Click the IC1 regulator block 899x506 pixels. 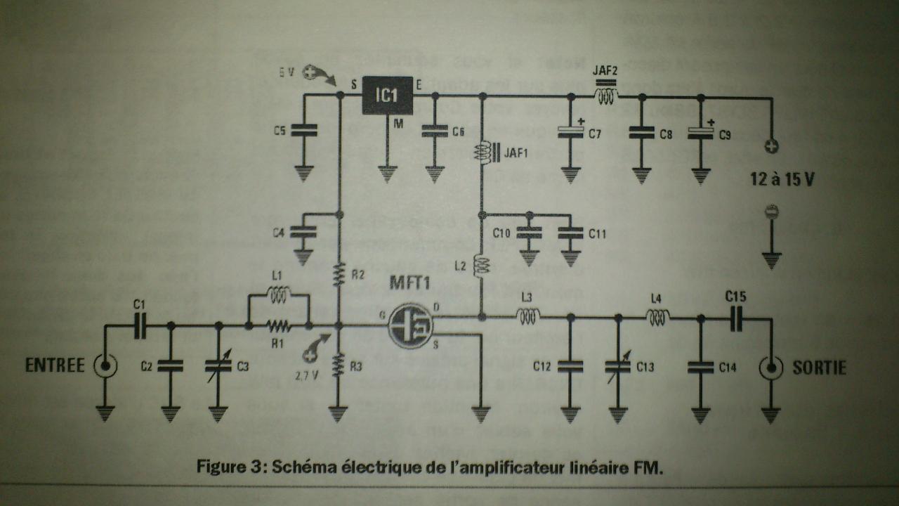(x=387, y=96)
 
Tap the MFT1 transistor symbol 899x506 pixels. (x=412, y=325)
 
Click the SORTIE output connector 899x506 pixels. (x=770, y=367)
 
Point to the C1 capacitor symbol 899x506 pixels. (x=140, y=325)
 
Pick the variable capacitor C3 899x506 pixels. (x=218, y=365)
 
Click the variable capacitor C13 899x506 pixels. (x=618, y=365)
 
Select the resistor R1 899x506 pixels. (x=278, y=326)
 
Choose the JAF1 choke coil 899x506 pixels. (x=482, y=153)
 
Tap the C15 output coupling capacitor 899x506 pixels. (x=735, y=320)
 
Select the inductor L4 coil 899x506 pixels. (x=657, y=318)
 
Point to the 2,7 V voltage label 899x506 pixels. (x=306, y=375)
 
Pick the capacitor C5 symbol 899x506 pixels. (x=303, y=130)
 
